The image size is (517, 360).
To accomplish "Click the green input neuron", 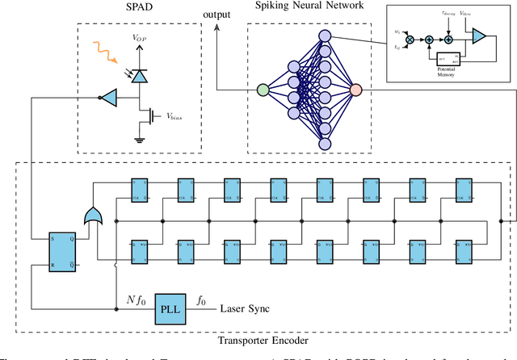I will click(263, 90).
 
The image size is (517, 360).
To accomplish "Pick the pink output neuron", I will click(356, 90).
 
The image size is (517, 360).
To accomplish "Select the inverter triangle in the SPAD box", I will click(109, 97).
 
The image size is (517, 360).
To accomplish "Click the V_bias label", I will click(180, 117).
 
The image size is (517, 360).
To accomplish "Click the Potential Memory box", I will click(448, 59).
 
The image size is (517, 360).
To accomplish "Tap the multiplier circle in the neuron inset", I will click(410, 38).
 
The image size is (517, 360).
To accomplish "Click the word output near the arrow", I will click(216, 14).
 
